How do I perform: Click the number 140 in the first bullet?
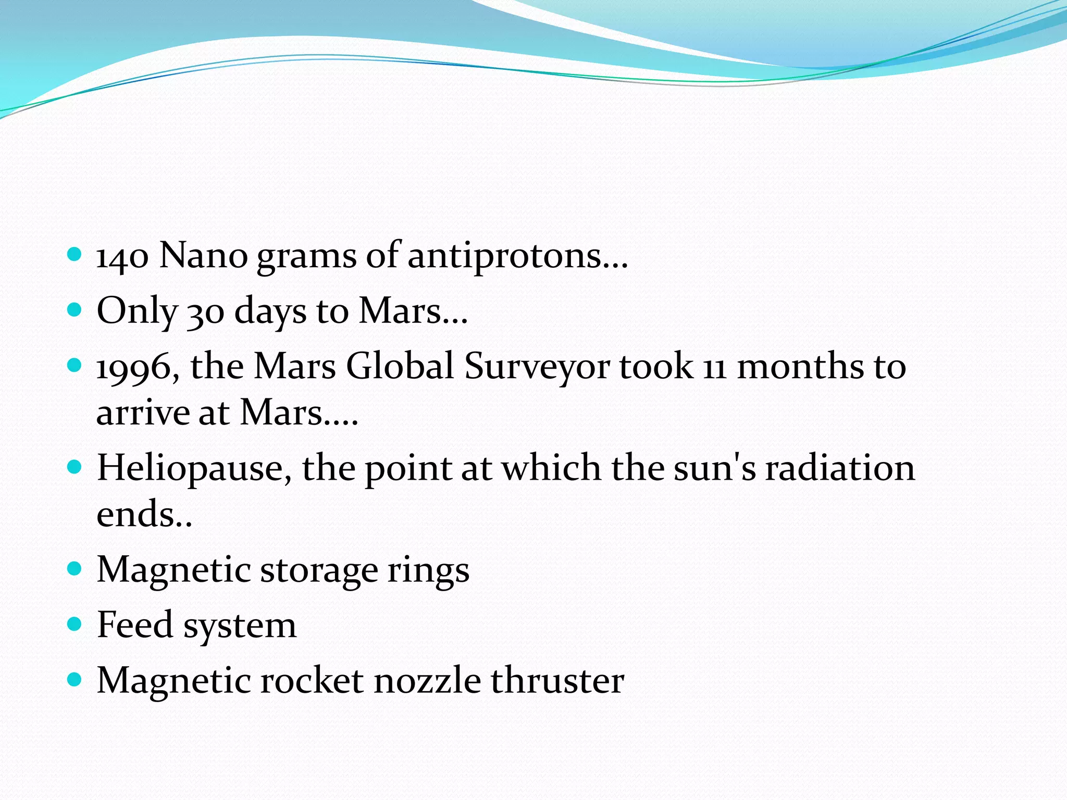coord(122,256)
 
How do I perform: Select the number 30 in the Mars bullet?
coord(206,311)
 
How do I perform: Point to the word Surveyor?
coord(537,367)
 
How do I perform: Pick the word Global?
coord(400,366)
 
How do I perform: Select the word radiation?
coord(839,468)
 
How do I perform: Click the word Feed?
coord(135,624)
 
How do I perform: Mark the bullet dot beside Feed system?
coord(75,624)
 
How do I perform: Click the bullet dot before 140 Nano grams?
coord(75,255)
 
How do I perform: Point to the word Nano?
coord(203,256)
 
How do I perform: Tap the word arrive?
coord(143,413)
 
